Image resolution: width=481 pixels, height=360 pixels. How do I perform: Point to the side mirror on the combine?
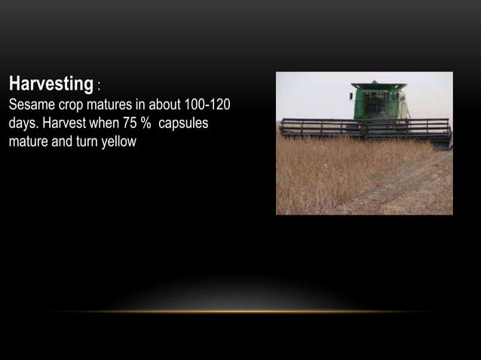click(351, 95)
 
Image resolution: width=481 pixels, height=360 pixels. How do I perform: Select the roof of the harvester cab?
click(379, 85)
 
